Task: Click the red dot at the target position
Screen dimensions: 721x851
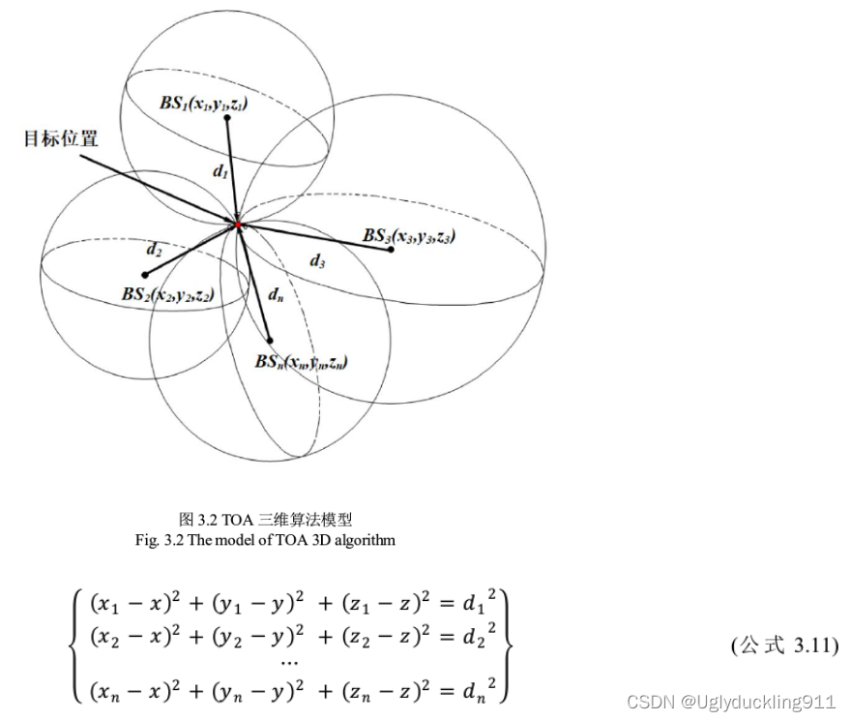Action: (x=237, y=225)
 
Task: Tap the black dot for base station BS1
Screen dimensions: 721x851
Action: (x=227, y=118)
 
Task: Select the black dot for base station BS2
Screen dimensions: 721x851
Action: (x=144, y=274)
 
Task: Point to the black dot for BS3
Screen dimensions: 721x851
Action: (x=391, y=250)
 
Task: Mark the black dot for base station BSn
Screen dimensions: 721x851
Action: (x=270, y=340)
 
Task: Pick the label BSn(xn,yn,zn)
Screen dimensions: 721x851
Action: (x=301, y=362)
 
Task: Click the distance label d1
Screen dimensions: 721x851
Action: (x=220, y=172)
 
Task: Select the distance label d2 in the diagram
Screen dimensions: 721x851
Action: (x=155, y=250)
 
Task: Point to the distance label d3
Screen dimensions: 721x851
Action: (x=317, y=260)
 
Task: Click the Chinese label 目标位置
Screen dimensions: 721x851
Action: (x=61, y=138)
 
